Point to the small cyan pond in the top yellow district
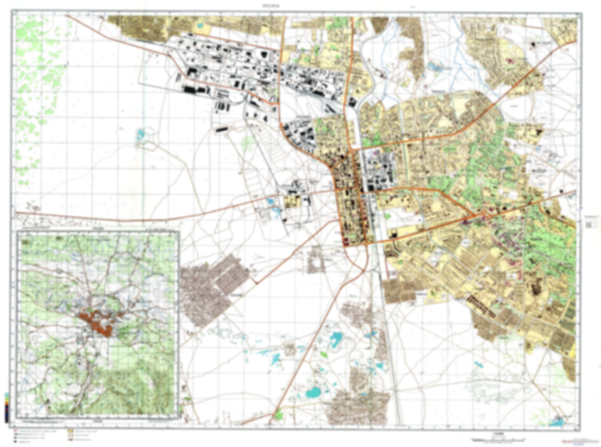tap(200, 26)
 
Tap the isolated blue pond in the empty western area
tap(140, 134)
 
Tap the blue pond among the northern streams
tap(435, 67)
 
